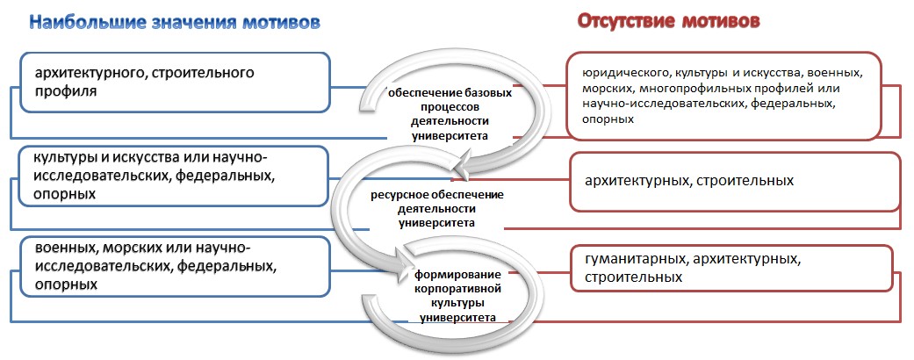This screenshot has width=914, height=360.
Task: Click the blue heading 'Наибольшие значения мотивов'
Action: (x=175, y=22)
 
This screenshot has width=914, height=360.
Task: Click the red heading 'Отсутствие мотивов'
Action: (x=668, y=22)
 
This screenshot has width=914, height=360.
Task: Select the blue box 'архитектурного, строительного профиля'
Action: (x=175, y=83)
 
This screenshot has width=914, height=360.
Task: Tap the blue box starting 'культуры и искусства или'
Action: (x=173, y=176)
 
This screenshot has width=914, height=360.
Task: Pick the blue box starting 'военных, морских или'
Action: (x=175, y=267)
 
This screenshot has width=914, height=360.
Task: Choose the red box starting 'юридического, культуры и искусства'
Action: (x=724, y=96)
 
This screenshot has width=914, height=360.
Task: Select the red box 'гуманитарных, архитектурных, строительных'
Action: (x=732, y=268)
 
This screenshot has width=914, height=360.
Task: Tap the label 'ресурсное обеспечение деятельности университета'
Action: (x=437, y=209)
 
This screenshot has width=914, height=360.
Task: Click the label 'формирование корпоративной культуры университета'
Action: (x=456, y=296)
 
